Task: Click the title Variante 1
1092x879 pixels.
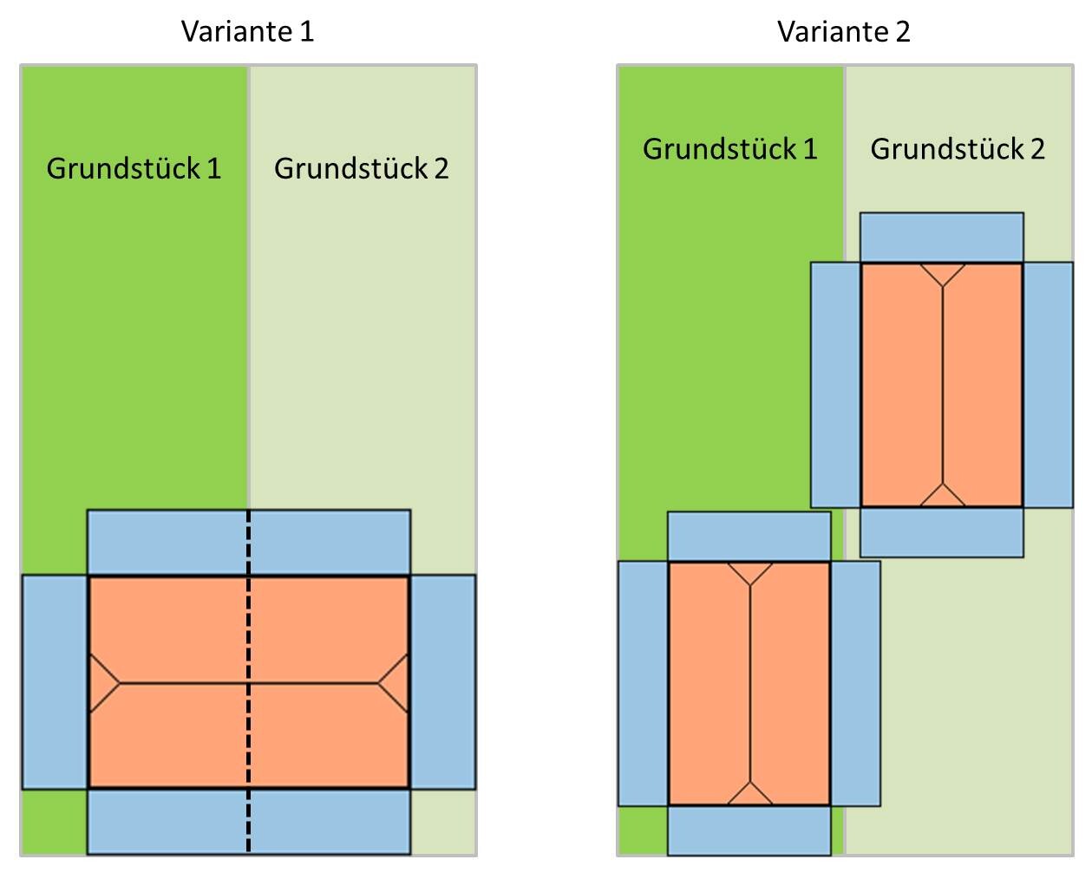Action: [x=247, y=32]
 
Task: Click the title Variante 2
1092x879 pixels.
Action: [x=843, y=32]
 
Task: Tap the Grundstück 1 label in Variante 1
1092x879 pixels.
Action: [x=134, y=168]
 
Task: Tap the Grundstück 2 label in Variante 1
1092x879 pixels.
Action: [x=362, y=168]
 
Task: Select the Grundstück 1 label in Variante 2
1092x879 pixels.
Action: [x=730, y=149]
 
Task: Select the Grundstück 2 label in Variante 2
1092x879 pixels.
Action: [x=958, y=149]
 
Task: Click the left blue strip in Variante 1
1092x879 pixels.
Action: [x=55, y=682]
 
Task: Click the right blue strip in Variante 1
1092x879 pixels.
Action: [x=442, y=682]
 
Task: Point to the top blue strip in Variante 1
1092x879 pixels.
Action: [x=248, y=542]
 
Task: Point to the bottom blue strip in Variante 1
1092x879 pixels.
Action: [x=248, y=822]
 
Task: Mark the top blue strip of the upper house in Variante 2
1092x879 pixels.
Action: [x=941, y=238]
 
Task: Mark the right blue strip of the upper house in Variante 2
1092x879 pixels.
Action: [x=1048, y=385]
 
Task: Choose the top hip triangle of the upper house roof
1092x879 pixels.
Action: [x=942, y=272]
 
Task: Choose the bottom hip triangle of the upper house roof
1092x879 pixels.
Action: [x=942, y=498]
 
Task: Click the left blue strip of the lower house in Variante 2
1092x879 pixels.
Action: [x=643, y=684]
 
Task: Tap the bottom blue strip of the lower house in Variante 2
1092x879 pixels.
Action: [x=749, y=830]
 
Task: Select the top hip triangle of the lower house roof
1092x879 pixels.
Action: [x=750, y=571]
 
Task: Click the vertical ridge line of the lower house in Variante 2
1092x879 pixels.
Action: [x=750, y=684]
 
